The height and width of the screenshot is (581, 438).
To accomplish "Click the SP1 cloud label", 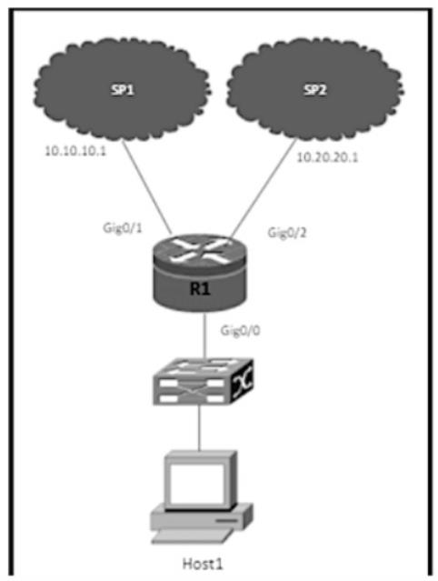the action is click(x=122, y=90).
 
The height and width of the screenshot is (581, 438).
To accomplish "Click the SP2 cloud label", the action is click(x=315, y=90).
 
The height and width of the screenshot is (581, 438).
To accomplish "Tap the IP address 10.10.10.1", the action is click(x=75, y=151).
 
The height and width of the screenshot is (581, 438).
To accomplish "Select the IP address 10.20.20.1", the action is click(x=328, y=157).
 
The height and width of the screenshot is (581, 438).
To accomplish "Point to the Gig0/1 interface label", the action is click(x=123, y=227).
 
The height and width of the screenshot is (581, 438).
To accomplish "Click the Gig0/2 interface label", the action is click(x=287, y=233).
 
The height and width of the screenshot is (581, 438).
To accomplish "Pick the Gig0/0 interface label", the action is click(x=240, y=330).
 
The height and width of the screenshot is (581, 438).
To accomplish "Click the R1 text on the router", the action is click(x=200, y=288).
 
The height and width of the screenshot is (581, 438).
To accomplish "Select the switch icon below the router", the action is click(x=203, y=381).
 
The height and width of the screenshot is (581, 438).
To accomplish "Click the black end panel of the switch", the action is click(x=242, y=383).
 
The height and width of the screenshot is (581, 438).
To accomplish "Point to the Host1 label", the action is click(x=203, y=564).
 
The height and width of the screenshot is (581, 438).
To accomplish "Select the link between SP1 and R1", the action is click(x=147, y=187).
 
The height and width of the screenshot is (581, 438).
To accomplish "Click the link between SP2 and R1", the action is click(x=264, y=187).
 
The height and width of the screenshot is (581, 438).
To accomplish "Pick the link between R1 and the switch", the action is click(x=204, y=336).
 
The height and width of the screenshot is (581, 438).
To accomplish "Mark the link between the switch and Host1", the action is click(x=200, y=427).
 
